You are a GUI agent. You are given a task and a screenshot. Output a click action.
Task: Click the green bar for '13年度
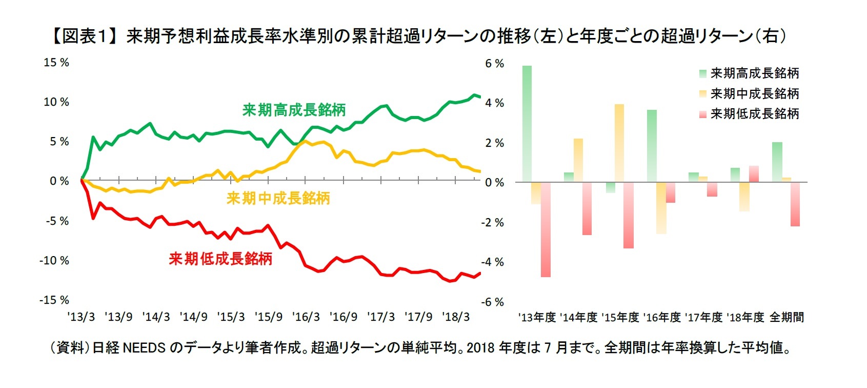527,124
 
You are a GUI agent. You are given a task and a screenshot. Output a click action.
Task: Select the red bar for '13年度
546,229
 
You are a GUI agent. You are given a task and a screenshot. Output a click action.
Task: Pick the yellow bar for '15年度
619,143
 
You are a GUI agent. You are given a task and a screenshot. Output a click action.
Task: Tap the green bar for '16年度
652,146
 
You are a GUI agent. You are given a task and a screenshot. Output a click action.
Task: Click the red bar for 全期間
795,204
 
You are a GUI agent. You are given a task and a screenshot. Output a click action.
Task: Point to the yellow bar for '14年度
578,160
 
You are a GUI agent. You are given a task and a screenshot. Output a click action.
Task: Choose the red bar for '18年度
754,174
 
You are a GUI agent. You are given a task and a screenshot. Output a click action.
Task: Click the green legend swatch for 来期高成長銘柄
702,74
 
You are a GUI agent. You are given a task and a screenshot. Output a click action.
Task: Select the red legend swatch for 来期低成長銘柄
702,114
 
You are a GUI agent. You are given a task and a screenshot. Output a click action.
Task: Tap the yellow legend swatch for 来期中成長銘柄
702,94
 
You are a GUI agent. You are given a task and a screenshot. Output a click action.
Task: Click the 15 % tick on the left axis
56,63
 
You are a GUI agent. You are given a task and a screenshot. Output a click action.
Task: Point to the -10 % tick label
54,261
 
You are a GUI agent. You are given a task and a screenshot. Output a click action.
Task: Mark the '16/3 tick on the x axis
306,317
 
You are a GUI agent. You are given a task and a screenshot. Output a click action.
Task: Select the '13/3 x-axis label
81,317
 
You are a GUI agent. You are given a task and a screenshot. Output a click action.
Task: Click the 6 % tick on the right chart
494,64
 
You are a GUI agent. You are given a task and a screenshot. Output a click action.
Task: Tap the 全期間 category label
787,318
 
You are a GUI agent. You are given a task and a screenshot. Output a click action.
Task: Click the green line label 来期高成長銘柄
294,110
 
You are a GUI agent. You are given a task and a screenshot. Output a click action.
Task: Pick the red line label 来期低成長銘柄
220,259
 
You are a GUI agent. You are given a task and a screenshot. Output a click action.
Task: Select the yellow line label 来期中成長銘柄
278,198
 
